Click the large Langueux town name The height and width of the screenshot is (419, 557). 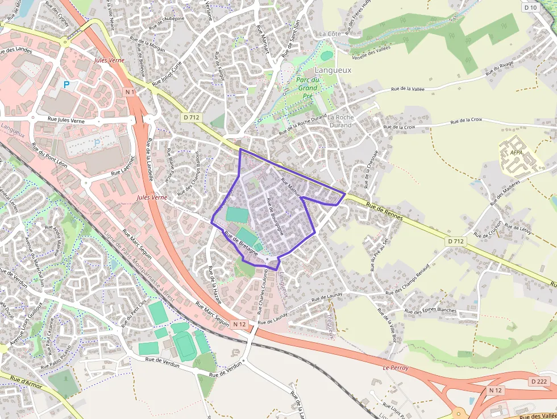[334, 70]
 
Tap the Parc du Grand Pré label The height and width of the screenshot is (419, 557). [307, 88]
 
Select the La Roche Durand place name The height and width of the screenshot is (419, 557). [341, 121]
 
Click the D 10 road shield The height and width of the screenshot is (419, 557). [531, 7]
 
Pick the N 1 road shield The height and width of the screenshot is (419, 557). [130, 92]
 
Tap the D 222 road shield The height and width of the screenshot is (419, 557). [540, 381]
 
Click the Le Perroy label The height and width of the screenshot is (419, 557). [396, 368]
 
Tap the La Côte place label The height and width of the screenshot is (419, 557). [330, 34]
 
